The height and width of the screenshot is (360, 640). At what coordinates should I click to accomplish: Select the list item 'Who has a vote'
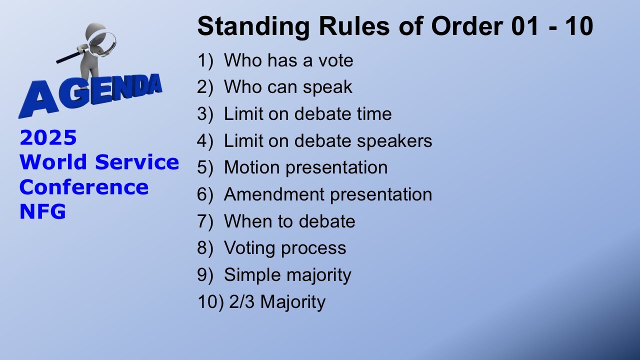(x=288, y=60)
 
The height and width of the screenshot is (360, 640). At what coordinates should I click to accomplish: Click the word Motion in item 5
(x=252, y=167)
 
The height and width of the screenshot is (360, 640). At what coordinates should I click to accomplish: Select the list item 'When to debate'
(x=289, y=221)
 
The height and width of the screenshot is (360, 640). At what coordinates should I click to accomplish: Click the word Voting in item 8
(x=251, y=248)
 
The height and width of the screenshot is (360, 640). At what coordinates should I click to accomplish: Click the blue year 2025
(x=48, y=138)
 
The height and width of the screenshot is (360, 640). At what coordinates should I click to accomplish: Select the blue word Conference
(x=84, y=187)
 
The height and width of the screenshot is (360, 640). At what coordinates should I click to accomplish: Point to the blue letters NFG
(x=42, y=212)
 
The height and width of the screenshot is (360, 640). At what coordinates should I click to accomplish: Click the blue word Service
(x=137, y=162)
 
